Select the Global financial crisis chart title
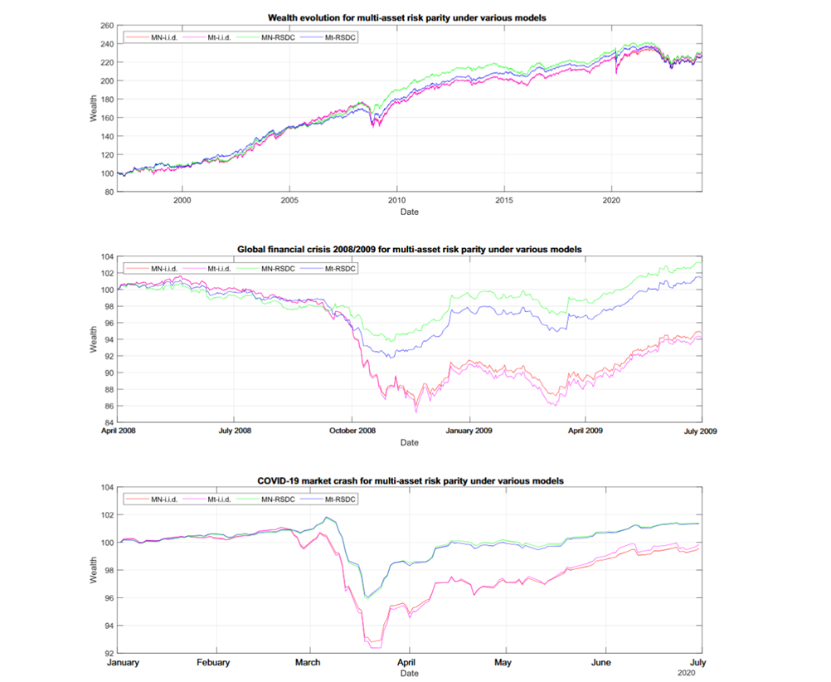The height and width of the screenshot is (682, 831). (x=410, y=249)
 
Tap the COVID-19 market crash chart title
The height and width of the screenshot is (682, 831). (x=410, y=480)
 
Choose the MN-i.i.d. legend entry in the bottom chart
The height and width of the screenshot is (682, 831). (x=162, y=499)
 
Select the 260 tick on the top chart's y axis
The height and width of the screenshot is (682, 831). (x=106, y=26)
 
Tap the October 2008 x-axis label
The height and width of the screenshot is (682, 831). (x=353, y=431)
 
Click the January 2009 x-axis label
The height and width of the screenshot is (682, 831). (x=471, y=431)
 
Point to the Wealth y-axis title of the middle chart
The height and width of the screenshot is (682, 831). (x=94, y=339)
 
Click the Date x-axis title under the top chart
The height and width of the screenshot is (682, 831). (x=410, y=212)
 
